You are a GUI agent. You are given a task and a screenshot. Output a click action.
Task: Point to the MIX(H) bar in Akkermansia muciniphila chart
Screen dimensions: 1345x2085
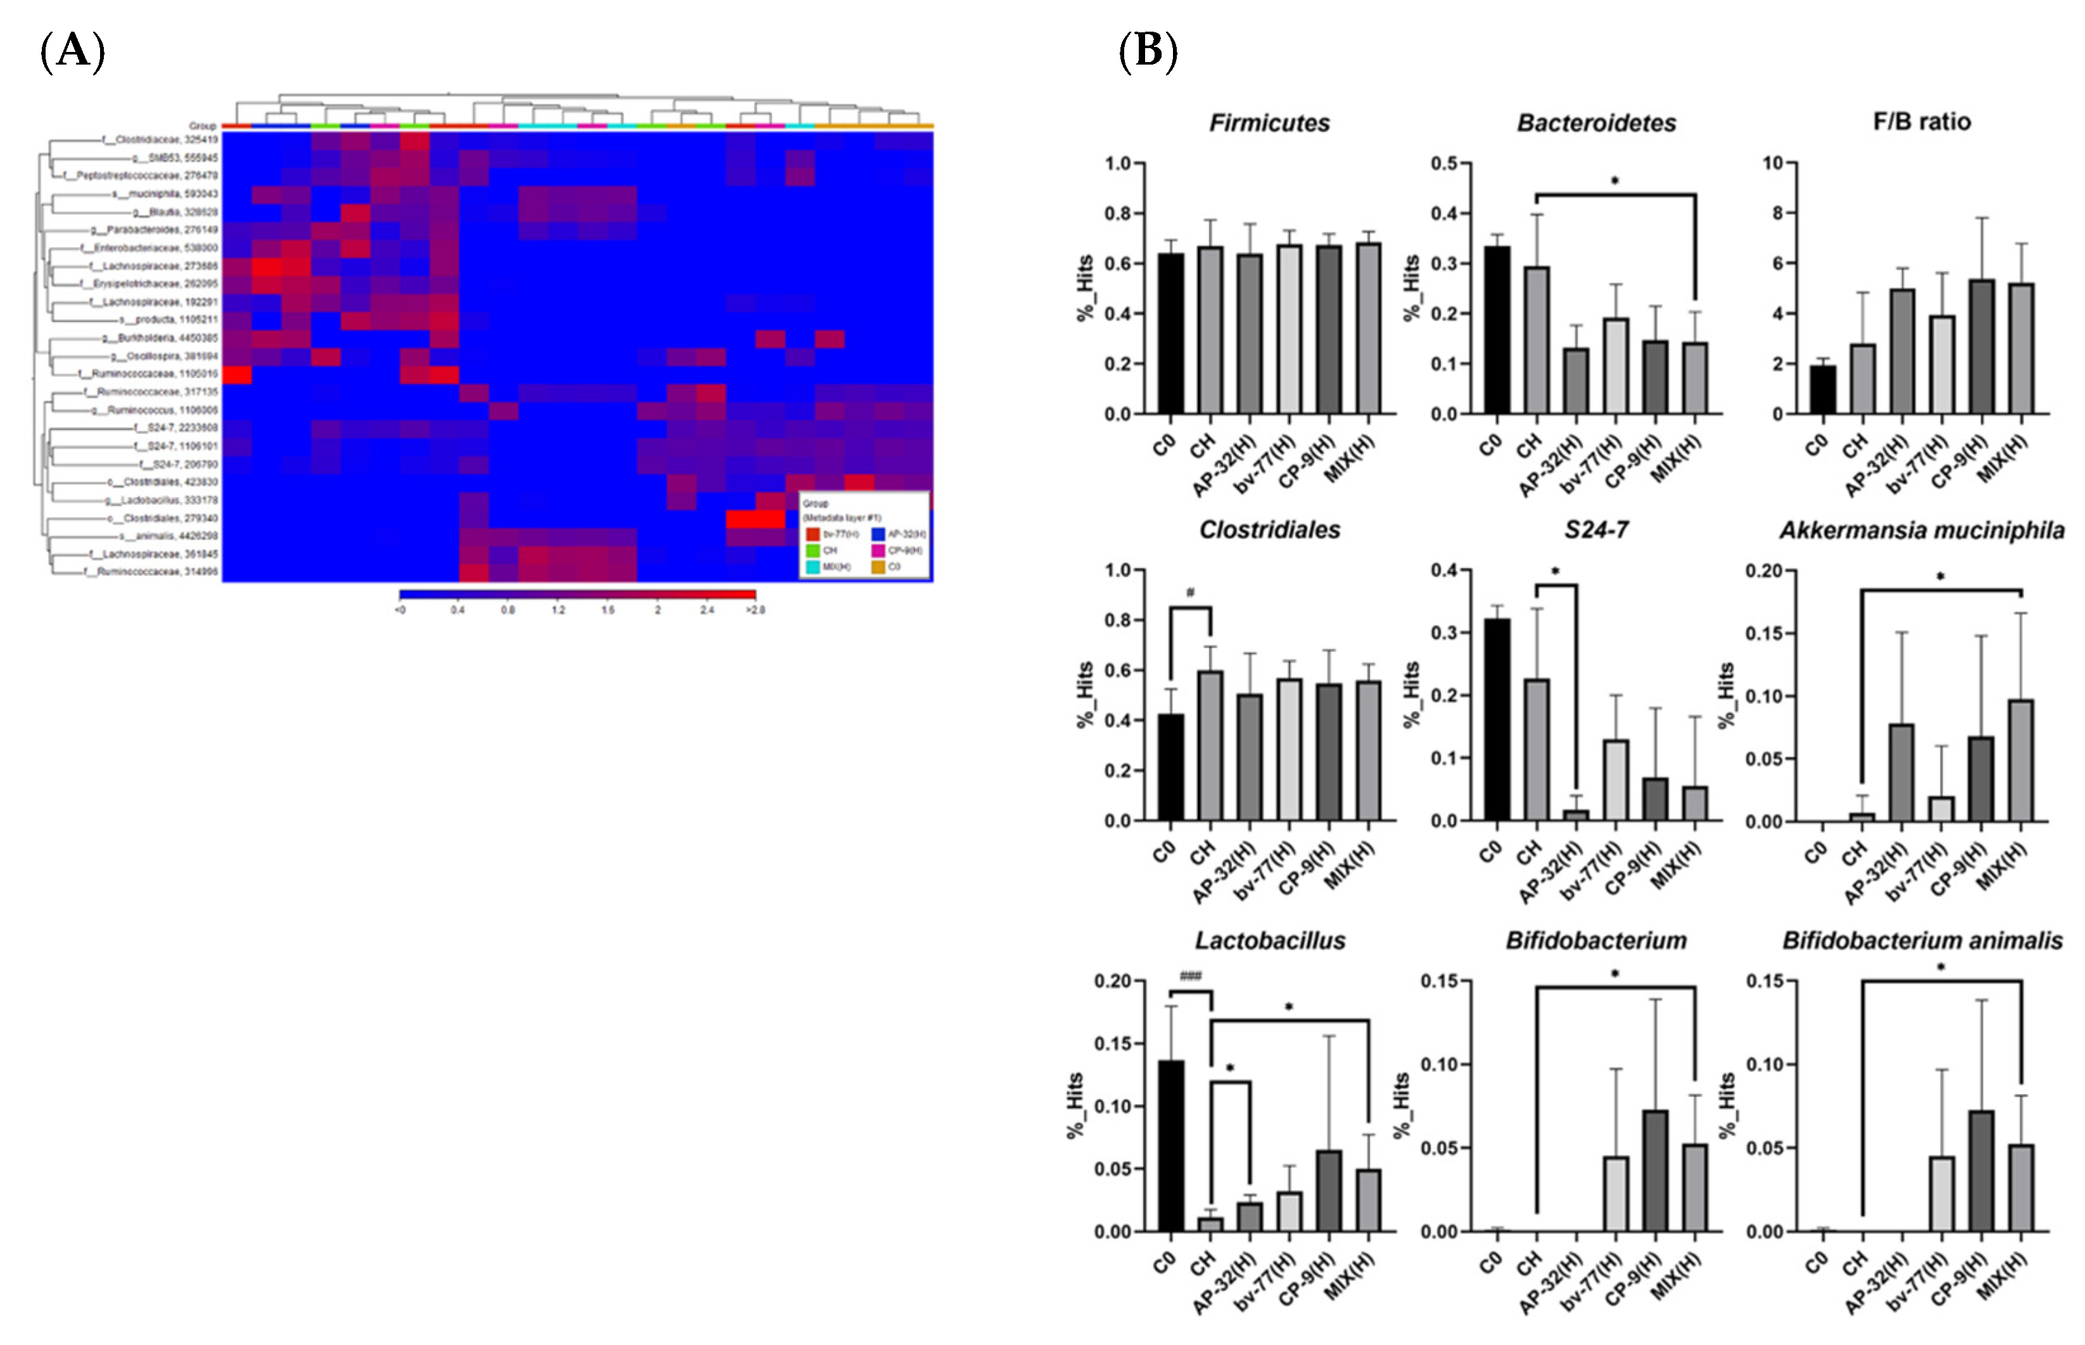coord(2020,760)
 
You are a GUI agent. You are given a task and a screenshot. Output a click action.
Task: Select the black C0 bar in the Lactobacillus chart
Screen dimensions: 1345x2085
coord(1170,1145)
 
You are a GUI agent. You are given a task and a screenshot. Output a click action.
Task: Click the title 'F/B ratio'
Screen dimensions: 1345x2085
coord(1921,122)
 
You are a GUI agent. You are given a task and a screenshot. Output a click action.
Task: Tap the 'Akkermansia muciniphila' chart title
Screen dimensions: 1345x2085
coord(1921,530)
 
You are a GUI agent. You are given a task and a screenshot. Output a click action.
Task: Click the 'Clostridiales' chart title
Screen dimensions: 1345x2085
coord(1269,530)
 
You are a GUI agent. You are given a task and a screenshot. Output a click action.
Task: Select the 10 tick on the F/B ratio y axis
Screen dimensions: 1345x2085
coord(1772,163)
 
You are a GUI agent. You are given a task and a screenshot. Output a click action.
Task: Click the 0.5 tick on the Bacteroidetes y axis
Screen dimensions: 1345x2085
coord(1445,163)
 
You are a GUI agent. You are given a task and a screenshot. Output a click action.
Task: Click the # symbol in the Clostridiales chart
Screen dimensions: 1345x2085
coord(1189,593)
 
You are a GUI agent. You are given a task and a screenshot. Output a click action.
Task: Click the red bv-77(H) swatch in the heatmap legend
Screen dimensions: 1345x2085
coord(813,534)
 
